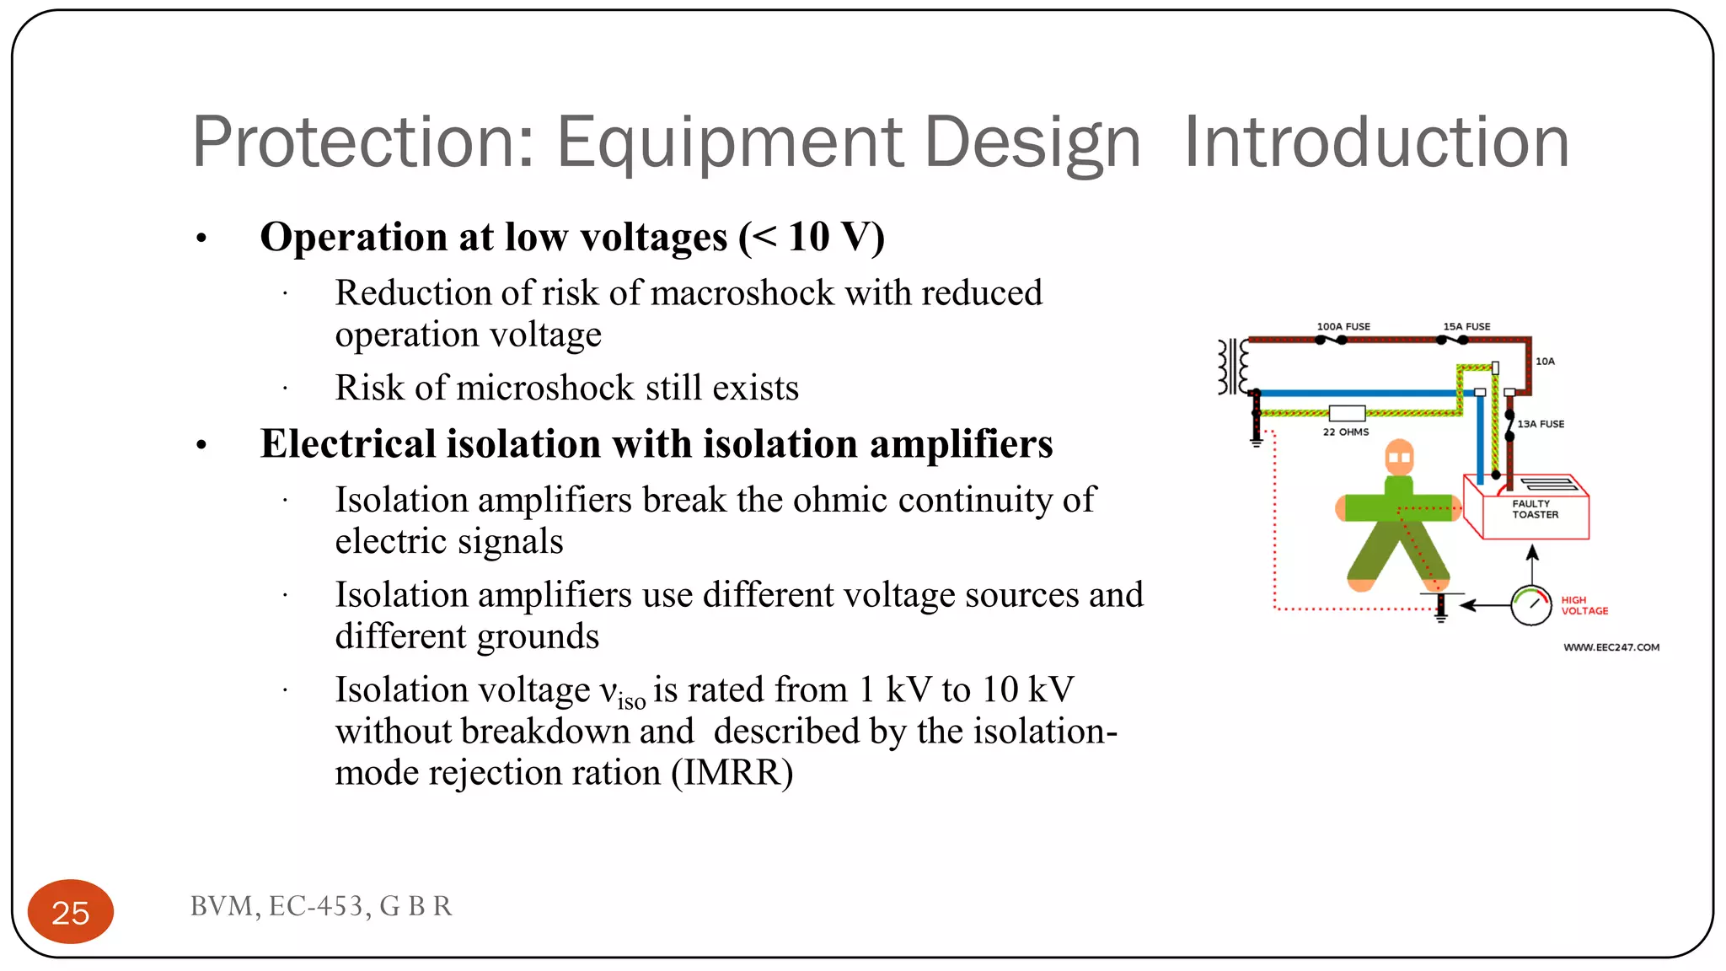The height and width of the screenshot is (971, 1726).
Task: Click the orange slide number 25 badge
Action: (71, 912)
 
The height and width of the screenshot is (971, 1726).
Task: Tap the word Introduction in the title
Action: (1376, 142)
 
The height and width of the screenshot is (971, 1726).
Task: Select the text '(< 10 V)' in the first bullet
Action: (812, 237)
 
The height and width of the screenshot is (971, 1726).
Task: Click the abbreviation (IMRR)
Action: (732, 773)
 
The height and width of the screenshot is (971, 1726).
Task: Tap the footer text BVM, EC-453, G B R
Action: (321, 906)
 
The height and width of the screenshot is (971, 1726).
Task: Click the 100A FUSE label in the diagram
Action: (1343, 326)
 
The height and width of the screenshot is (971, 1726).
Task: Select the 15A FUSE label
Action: (1466, 326)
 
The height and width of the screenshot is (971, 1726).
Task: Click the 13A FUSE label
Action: (1541, 424)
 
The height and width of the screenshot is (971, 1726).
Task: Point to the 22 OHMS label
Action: (1346, 432)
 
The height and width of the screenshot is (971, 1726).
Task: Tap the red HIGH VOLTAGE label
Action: (1584, 605)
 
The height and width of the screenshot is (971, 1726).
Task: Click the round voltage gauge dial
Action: (1530, 605)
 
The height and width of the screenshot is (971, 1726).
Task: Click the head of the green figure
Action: (1399, 458)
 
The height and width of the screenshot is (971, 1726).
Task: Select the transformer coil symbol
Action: (1232, 367)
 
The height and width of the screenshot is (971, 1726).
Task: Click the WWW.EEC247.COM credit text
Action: (1611, 647)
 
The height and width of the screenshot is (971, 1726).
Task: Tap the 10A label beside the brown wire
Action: (1545, 362)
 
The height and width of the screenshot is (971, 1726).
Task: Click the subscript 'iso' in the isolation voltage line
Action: (631, 701)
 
